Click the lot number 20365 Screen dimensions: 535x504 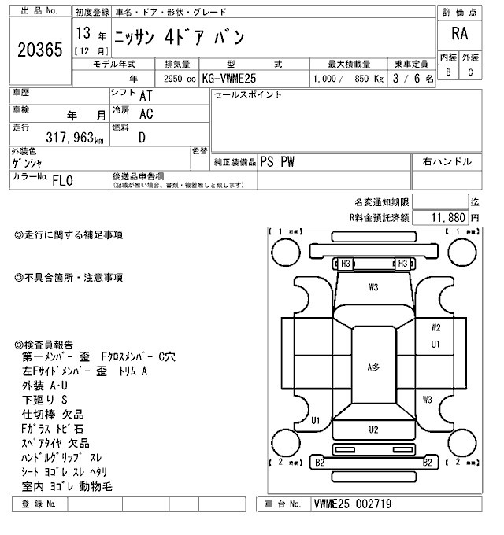tap(39, 50)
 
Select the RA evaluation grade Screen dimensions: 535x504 tap(458, 34)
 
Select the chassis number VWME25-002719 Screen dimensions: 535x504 tap(352, 504)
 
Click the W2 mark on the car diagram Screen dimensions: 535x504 tap(435, 327)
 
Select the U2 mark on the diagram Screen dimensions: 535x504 tap(373, 429)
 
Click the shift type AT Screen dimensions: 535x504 tap(146, 95)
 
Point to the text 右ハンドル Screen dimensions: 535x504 tap(447, 161)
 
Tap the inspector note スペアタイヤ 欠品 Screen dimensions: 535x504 tap(56, 443)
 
